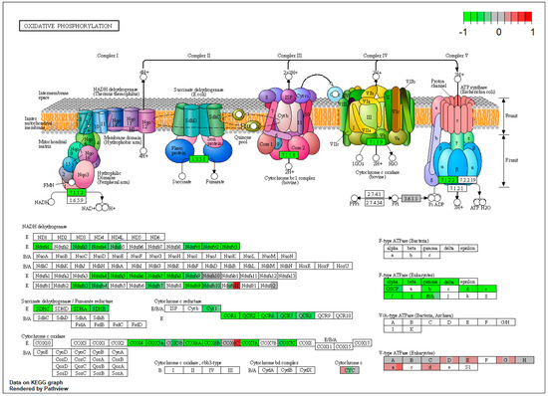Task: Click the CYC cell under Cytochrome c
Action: pos(349,371)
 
